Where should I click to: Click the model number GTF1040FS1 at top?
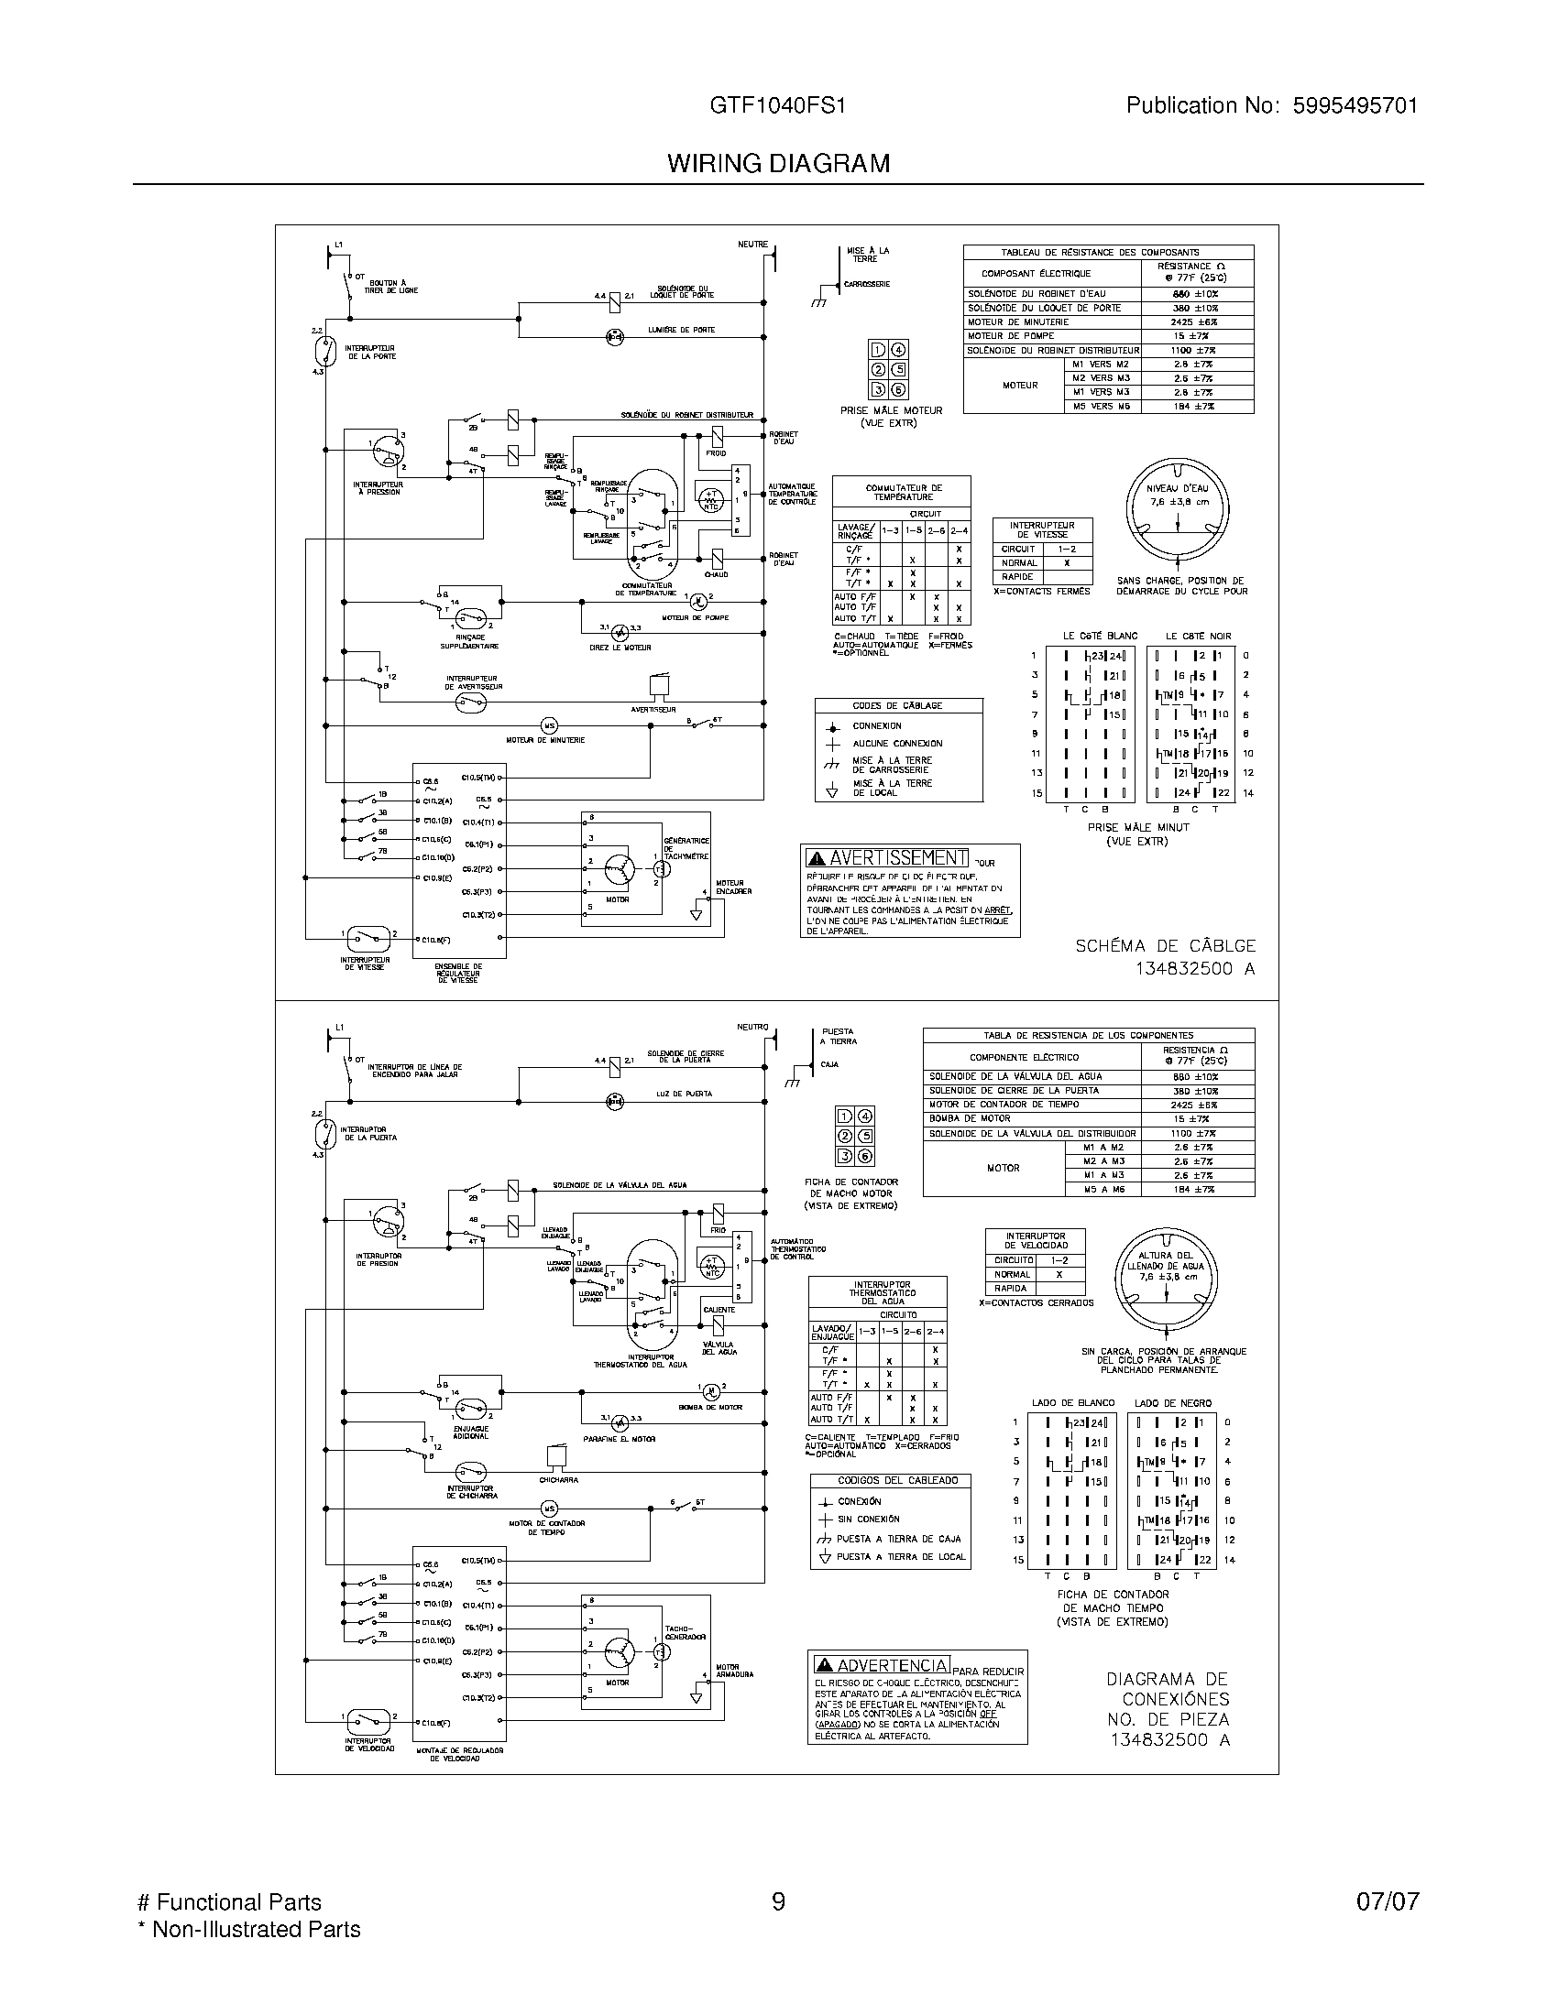point(777,106)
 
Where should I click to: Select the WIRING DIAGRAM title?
point(778,163)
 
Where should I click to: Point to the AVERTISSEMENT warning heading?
point(887,858)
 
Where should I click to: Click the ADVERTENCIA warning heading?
point(882,1665)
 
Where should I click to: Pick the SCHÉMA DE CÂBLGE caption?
point(1165,946)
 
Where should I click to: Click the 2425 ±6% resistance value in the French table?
point(1196,323)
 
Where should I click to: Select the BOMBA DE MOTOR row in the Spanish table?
point(969,1119)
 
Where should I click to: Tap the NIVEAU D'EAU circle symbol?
point(1179,510)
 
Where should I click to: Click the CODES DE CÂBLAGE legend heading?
point(897,706)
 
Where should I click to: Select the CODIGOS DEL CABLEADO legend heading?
point(890,1481)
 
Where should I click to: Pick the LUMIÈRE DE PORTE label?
point(681,331)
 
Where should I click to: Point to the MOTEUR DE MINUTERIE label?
point(544,740)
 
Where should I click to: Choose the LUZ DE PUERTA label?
point(685,1095)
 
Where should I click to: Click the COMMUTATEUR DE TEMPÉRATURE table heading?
point(904,493)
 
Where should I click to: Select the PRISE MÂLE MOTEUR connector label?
point(891,410)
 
